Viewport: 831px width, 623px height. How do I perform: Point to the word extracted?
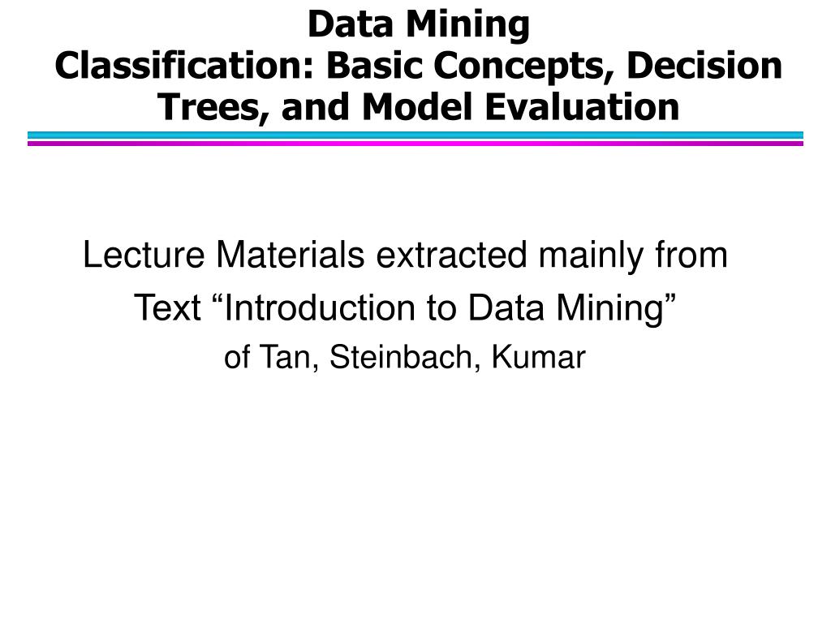pyautogui.click(x=452, y=256)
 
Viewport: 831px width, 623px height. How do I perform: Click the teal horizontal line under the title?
pyautogui.click(x=415, y=135)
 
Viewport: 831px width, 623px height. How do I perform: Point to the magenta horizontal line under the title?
pyautogui.click(x=415, y=144)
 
